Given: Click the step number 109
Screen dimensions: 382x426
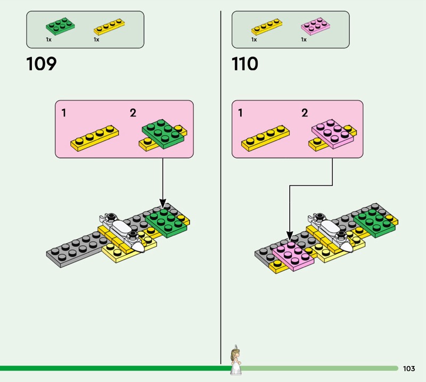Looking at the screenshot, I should pos(41,64).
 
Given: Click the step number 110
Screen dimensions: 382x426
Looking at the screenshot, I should pos(245,64).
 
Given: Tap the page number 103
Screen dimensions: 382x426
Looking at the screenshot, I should pos(409,369).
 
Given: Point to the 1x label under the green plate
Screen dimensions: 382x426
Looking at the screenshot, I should pos(48,40).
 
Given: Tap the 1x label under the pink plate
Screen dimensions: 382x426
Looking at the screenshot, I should pos(304,40).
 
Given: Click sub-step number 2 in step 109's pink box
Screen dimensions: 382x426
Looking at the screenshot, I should pos(133,113).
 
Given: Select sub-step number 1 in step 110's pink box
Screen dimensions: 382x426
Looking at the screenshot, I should pos(241,113).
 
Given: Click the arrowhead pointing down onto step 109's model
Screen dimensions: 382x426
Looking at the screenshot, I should pos(163,206).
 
